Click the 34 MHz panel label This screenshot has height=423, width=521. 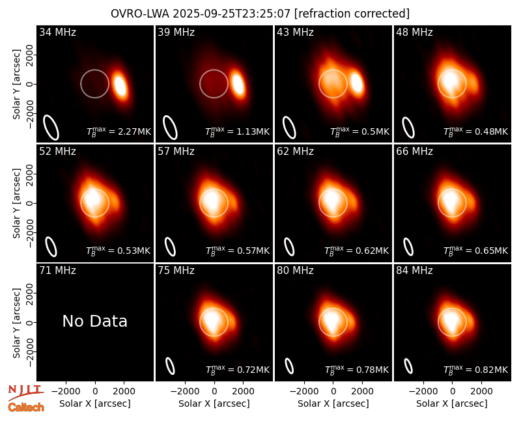(x=57, y=32)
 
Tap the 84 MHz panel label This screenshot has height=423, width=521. (x=414, y=271)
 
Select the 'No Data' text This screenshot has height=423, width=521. (x=94, y=321)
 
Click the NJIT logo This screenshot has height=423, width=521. (x=26, y=392)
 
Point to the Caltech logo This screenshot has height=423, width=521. (x=26, y=407)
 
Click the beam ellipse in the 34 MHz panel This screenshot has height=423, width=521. (x=51, y=128)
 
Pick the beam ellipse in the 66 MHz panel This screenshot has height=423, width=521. (x=408, y=247)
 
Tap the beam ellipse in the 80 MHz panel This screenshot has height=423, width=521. (x=289, y=366)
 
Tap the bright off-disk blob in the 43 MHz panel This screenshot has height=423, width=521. (x=357, y=83)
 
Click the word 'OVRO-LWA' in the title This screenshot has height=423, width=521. (x=140, y=14)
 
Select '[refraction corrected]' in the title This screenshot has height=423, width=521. (x=352, y=14)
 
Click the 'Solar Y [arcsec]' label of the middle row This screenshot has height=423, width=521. (x=17, y=203)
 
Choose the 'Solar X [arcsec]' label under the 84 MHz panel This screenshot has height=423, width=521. (x=452, y=403)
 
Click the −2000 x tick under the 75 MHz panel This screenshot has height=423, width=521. (x=184, y=392)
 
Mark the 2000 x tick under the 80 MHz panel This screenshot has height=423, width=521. (x=362, y=392)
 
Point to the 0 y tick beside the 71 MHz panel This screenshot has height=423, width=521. (x=30, y=322)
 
